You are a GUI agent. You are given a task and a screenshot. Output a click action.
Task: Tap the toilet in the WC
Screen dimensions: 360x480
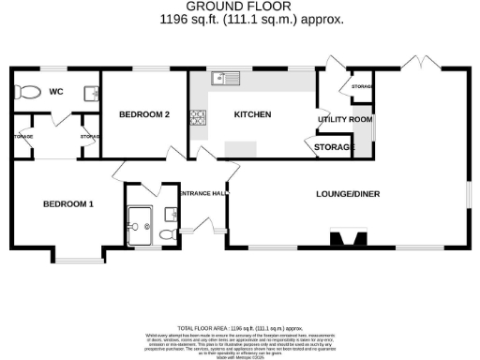29,93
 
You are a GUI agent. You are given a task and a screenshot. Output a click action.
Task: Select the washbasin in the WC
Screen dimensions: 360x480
91,92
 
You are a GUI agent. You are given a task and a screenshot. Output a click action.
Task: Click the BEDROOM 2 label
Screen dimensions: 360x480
144,115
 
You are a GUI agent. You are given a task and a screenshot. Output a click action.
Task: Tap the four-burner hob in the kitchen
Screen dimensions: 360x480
198,118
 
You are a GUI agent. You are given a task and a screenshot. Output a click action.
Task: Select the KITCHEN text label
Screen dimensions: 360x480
252,115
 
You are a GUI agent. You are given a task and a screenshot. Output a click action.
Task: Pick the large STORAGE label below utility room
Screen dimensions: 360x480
335,147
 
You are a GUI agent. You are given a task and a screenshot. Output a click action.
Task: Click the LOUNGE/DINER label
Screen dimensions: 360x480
347,194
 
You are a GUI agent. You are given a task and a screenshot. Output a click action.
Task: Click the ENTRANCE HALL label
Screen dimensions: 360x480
202,194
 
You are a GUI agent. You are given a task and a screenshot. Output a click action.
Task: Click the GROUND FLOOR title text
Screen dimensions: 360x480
240,7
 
